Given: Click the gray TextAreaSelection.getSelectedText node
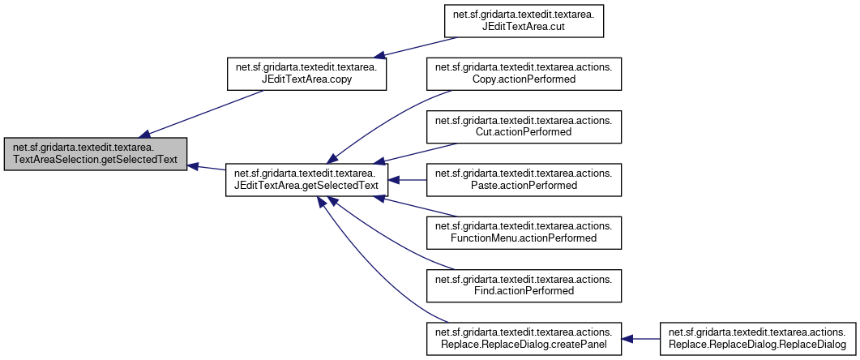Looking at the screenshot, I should (96, 153).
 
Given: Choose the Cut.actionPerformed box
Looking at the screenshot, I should (523, 126).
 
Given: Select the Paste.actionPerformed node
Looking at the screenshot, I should (523, 179).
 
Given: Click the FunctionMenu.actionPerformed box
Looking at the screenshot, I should (523, 232).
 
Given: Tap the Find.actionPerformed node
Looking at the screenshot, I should (523, 285).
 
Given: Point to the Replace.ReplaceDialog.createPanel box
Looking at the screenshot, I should (523, 337).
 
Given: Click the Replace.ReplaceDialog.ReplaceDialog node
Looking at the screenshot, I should (757, 337).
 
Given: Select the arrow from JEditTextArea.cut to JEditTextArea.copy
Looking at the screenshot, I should (413, 47).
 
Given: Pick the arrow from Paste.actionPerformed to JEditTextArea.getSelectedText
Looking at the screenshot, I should (409, 179).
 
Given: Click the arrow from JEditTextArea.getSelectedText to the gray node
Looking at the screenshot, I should (207, 168).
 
